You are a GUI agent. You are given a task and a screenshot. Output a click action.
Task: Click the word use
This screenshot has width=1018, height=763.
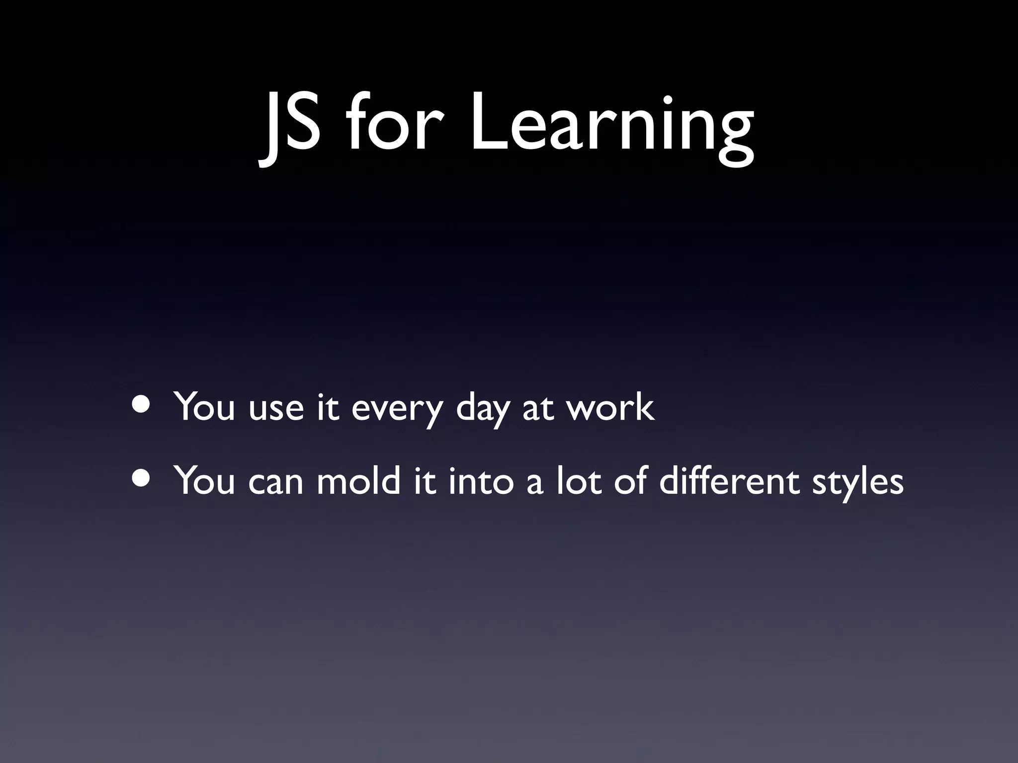pos(276,410)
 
